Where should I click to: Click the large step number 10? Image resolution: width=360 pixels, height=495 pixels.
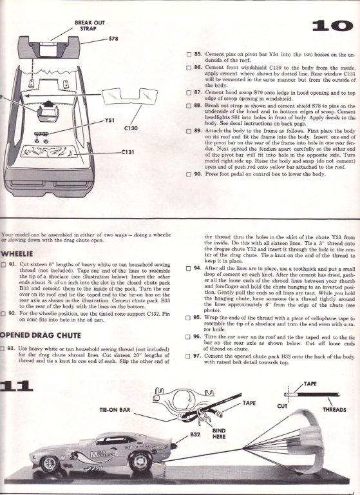click(x=332, y=26)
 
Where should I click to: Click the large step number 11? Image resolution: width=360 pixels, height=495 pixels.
click(x=16, y=386)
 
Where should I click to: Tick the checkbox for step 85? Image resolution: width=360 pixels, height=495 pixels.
click(x=189, y=55)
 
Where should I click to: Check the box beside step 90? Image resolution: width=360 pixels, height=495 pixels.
click(x=189, y=174)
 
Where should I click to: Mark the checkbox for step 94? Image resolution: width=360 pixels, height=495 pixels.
click(x=188, y=269)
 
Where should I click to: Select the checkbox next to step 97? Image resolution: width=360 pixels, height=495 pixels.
click(x=188, y=356)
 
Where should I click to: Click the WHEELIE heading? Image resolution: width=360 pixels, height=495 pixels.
click(x=17, y=254)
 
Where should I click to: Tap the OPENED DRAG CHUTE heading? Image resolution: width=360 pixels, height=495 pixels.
click(x=41, y=335)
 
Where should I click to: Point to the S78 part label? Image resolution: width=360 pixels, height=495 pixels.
click(x=113, y=39)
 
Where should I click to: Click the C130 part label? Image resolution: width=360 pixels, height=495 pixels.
click(x=131, y=128)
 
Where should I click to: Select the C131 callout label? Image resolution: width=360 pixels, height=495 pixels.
click(x=128, y=152)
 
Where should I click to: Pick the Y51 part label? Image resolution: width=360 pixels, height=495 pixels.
click(x=109, y=121)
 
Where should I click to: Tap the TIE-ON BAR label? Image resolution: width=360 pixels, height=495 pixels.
click(x=115, y=410)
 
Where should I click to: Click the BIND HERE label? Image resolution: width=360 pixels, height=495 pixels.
click(x=219, y=433)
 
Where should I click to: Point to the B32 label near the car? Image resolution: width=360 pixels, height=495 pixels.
click(x=195, y=434)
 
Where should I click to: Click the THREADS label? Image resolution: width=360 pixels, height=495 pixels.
click(x=334, y=410)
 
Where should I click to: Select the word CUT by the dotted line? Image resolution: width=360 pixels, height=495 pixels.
click(x=282, y=406)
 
